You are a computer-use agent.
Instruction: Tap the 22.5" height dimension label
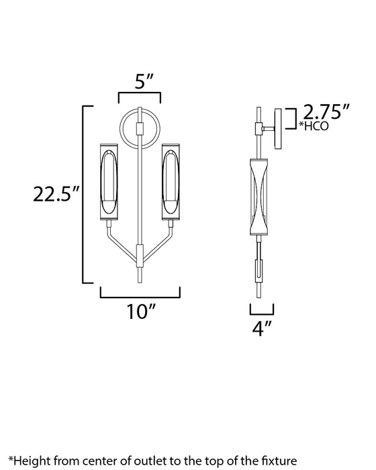pyautogui.click(x=57, y=195)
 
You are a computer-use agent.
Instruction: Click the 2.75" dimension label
pyautogui.click(x=326, y=111)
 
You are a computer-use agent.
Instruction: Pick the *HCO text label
pyautogui.click(x=314, y=126)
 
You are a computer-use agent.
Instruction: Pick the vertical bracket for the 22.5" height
pyautogui.click(x=84, y=195)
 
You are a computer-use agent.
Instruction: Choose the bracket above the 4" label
pyautogui.click(x=262, y=310)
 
